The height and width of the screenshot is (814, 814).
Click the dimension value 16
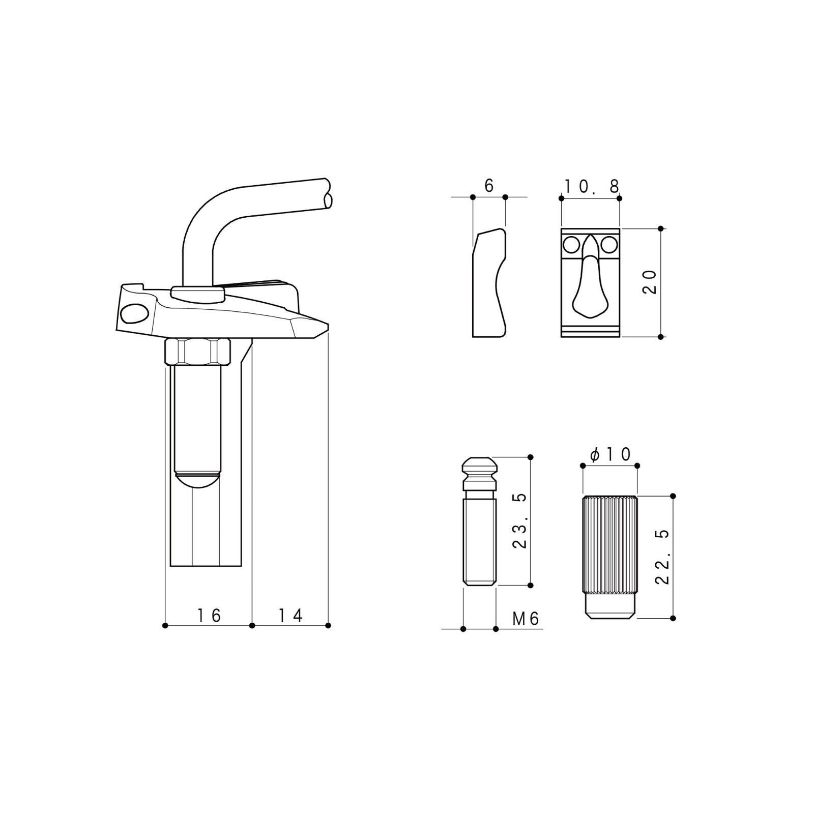pos(210,616)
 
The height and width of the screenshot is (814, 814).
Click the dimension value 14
pos(290,616)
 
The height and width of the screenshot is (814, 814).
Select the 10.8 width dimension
pos(592,187)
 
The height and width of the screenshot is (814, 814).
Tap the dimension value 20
pos(651,282)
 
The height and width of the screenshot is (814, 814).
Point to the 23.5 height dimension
pos(519,520)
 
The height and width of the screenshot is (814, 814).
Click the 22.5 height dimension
pos(662,557)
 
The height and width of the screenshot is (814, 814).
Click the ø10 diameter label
pos(610,454)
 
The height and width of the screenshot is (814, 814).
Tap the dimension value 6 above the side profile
pos(489,186)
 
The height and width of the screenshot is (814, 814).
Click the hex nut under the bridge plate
pos(198,352)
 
